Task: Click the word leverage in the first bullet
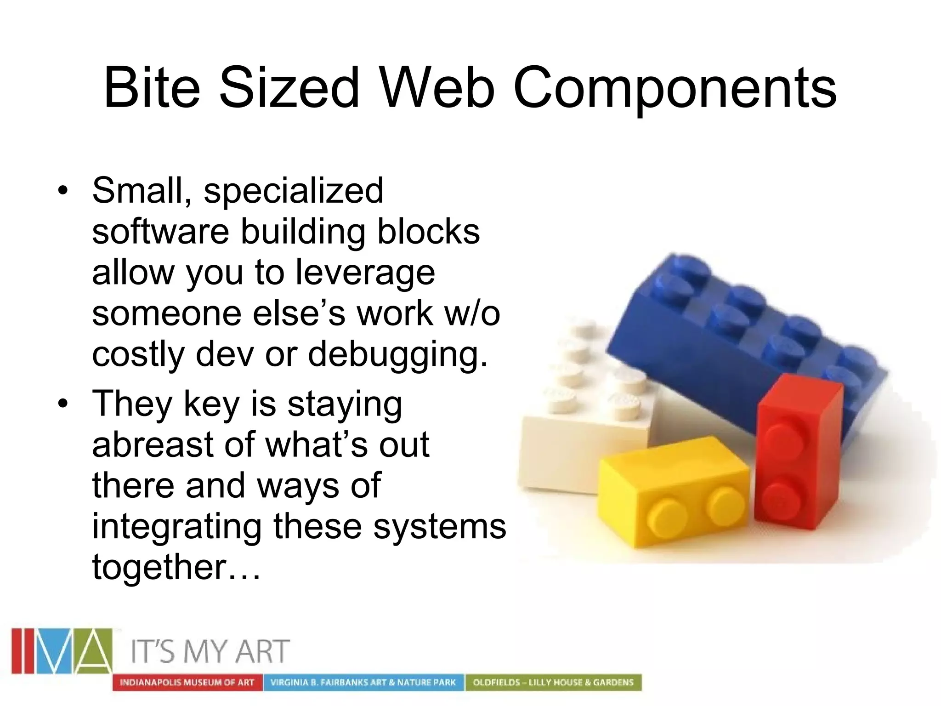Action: click(x=365, y=273)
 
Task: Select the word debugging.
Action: click(x=397, y=355)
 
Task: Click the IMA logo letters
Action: click(x=62, y=651)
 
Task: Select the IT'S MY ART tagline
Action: click(x=211, y=651)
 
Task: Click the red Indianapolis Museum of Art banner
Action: click(x=187, y=683)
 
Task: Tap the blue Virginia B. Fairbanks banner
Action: click(x=363, y=683)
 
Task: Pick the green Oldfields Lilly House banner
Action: click(x=553, y=683)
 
